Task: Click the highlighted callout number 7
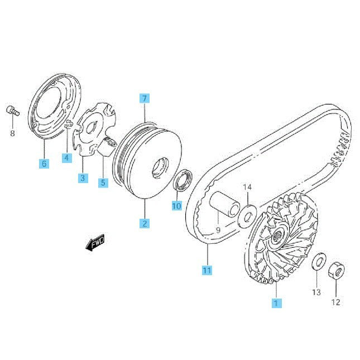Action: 145,98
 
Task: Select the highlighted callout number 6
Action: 44,164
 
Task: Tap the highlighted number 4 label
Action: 66,158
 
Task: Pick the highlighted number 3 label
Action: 83,178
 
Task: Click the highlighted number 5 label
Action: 103,183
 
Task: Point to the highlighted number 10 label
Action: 177,206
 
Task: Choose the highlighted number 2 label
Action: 145,223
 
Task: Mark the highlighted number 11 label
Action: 207,270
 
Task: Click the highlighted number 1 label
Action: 276,303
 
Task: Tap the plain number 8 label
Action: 13,133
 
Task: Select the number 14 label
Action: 247,187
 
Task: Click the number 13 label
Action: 316,292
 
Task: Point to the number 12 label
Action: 335,302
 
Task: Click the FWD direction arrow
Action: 95,242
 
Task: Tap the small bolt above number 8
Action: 13,111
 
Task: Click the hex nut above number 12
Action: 337,271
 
